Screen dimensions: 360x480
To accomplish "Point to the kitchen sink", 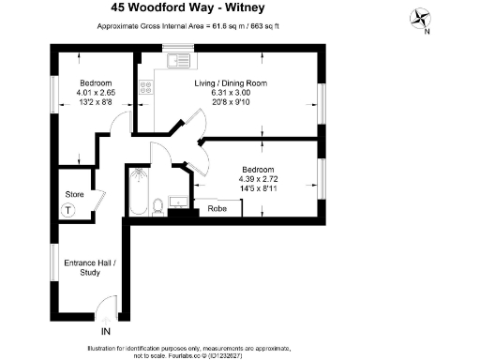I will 173,63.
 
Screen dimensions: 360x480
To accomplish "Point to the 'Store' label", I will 74,194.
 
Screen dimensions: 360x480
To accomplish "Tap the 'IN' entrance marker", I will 105,331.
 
